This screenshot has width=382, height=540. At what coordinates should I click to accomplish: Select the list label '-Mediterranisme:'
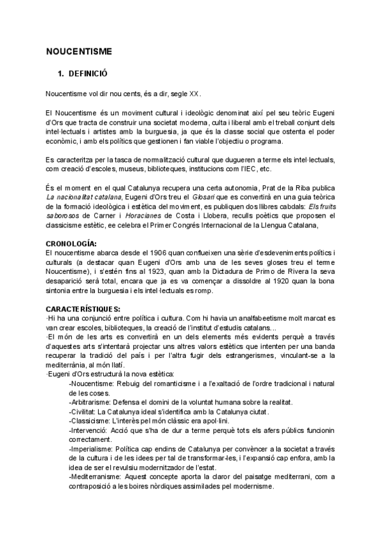tap(95, 475)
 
